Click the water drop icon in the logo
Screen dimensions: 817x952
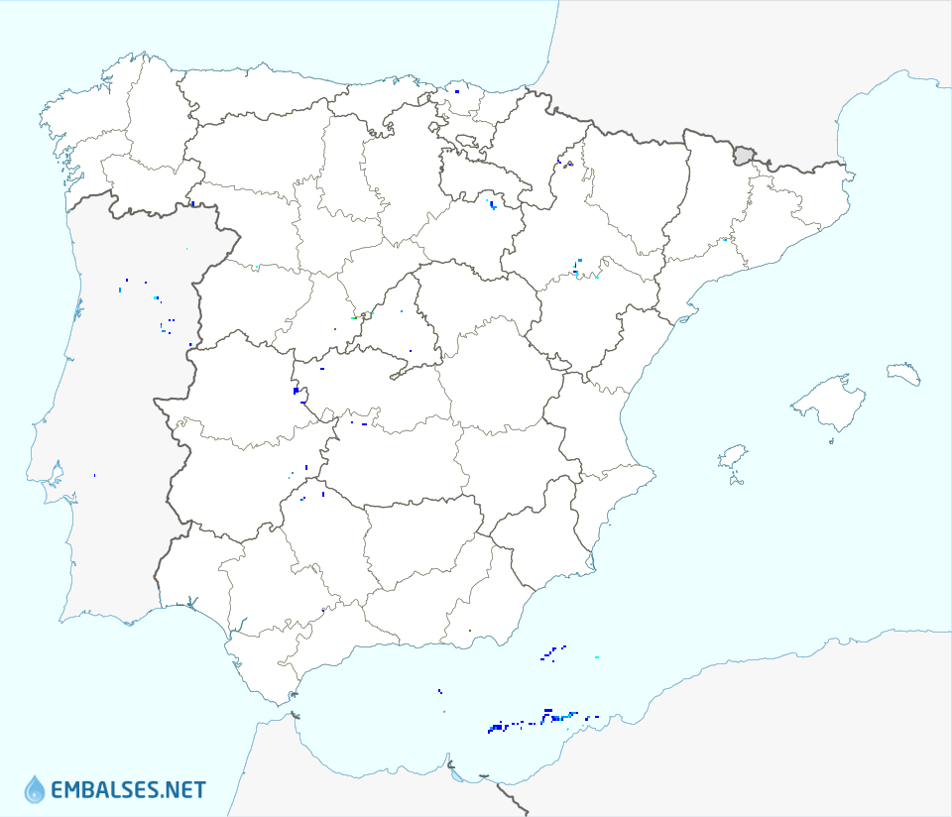pos(35,788)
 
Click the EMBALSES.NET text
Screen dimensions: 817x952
pos(128,790)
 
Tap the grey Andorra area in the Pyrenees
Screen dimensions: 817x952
pos(744,155)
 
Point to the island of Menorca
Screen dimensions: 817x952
pos(904,374)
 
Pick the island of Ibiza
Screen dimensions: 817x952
pos(732,457)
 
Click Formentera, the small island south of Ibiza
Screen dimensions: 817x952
pos(736,481)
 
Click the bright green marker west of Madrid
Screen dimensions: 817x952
pos(353,318)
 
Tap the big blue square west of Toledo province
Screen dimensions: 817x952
pos(297,391)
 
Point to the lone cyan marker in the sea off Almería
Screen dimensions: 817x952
pos(596,657)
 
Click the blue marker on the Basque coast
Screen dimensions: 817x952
pos(456,90)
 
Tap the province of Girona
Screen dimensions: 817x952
pos(808,193)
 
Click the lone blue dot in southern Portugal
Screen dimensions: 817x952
pos(94,475)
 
